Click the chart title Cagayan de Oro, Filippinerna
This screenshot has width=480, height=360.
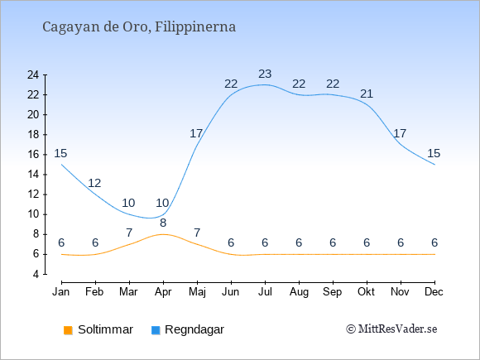point(139,27)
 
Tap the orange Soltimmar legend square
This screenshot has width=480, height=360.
point(68,330)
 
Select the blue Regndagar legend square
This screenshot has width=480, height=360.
point(156,330)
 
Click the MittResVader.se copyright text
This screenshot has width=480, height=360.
point(391,329)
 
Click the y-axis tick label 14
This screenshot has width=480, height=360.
point(33,175)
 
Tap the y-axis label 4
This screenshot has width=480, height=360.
point(36,274)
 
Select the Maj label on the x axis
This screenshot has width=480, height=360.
point(197,292)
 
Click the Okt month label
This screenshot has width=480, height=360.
point(367,292)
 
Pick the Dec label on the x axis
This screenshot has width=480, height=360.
point(434,292)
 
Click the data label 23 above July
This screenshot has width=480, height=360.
point(265,74)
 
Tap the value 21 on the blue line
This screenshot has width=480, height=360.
point(367,94)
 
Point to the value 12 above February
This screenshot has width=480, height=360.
point(94,183)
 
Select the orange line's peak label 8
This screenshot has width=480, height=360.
point(163,223)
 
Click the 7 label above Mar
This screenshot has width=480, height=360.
point(129,233)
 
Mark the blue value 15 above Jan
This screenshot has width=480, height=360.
point(60,153)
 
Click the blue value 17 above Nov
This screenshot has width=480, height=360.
point(400,133)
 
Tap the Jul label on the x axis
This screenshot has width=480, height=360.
point(265,292)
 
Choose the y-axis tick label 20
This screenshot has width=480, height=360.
point(33,115)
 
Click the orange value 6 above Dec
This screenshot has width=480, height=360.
point(434,242)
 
